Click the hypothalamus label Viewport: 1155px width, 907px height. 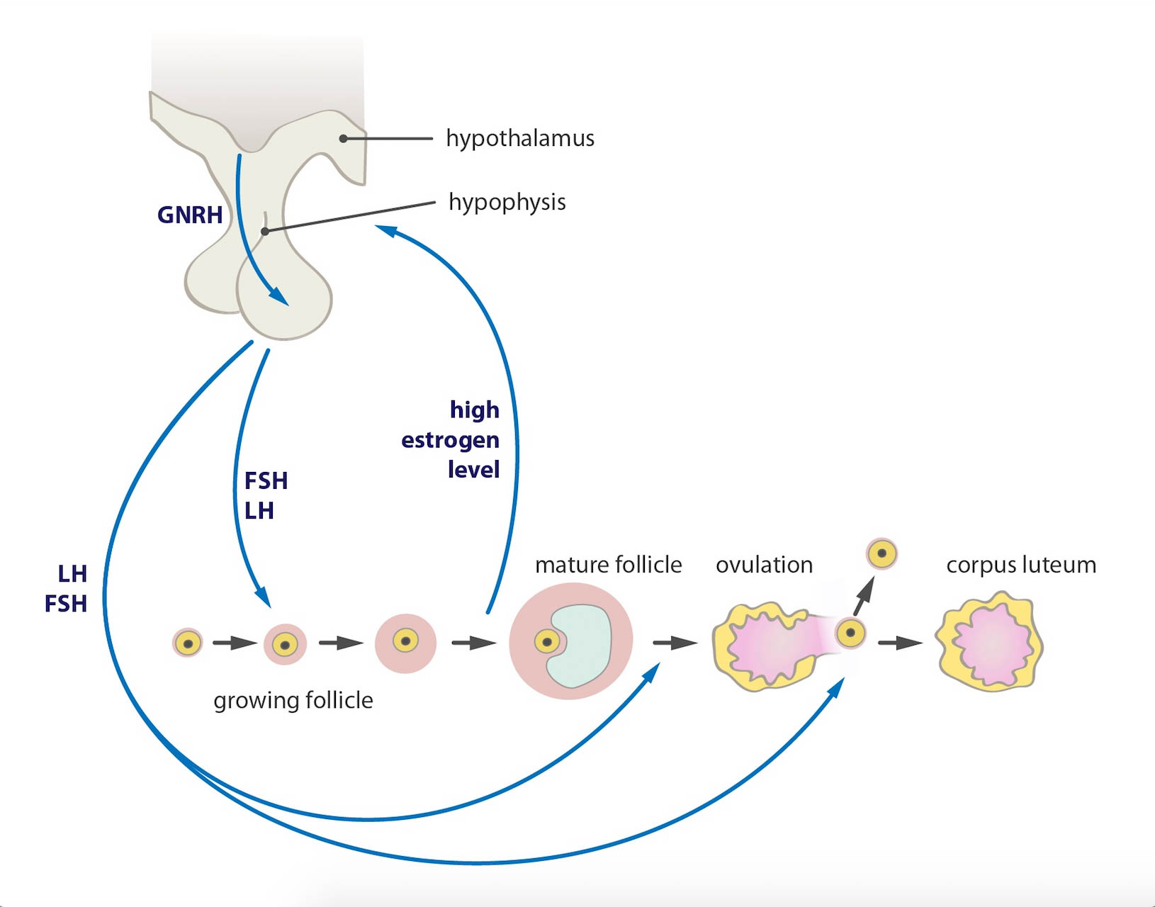click(x=519, y=138)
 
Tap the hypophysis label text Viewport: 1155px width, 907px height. click(x=507, y=203)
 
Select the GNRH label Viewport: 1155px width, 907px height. click(x=189, y=215)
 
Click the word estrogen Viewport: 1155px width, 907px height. click(x=450, y=440)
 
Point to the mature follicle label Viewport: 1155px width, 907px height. click(x=608, y=565)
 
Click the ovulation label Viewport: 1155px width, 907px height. click(x=764, y=565)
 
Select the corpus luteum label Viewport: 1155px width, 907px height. click(x=1020, y=565)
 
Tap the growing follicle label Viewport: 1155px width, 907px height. click(x=293, y=700)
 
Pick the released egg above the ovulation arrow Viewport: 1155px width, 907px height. click(x=882, y=553)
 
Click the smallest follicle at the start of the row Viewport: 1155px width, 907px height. click(x=188, y=643)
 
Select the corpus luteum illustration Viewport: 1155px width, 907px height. click(x=990, y=643)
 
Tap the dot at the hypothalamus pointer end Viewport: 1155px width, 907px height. click(x=343, y=138)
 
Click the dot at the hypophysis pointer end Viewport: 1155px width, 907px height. click(x=264, y=232)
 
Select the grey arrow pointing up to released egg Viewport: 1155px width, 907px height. click(x=863, y=596)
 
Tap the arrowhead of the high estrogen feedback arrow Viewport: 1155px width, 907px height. click(x=384, y=230)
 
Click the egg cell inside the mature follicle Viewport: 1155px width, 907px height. click(x=546, y=642)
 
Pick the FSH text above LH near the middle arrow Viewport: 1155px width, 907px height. click(x=266, y=481)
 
